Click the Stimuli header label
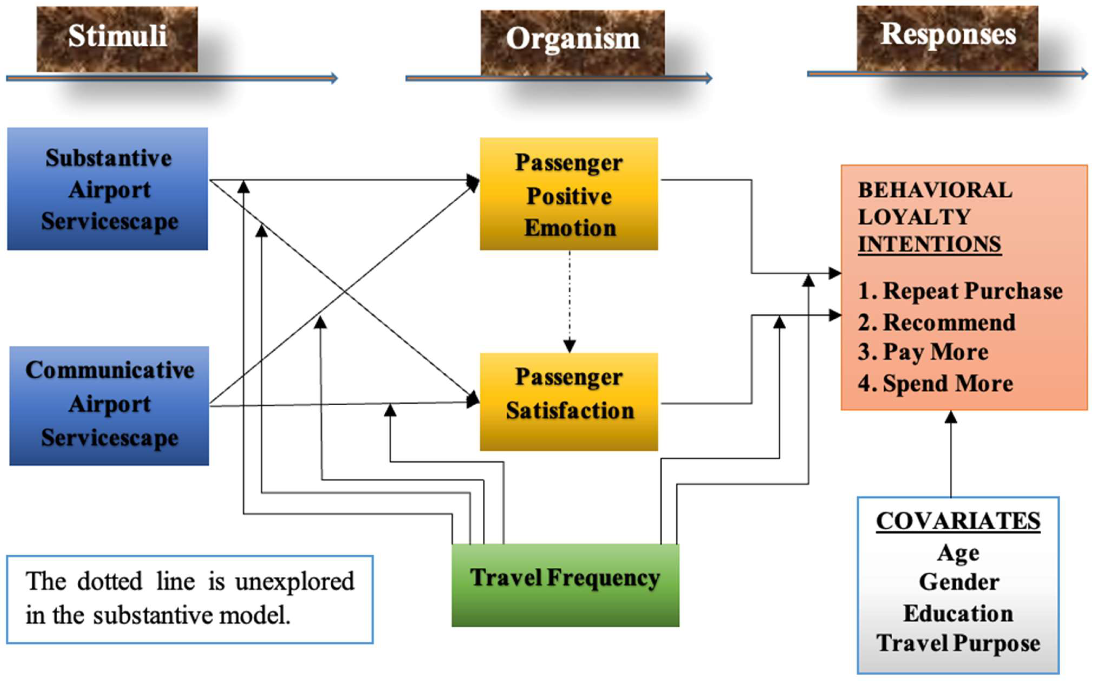[x=117, y=36]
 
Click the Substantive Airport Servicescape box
[x=107, y=189]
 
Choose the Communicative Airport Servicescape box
[x=109, y=405]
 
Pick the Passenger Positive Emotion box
[x=569, y=194]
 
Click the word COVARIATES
[x=958, y=521]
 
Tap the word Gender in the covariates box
[x=959, y=582]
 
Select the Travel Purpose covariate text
[x=958, y=643]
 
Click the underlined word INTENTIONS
[x=929, y=244]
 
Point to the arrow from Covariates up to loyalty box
[x=951, y=454]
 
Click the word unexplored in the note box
[x=295, y=582]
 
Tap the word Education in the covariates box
[x=958, y=613]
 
